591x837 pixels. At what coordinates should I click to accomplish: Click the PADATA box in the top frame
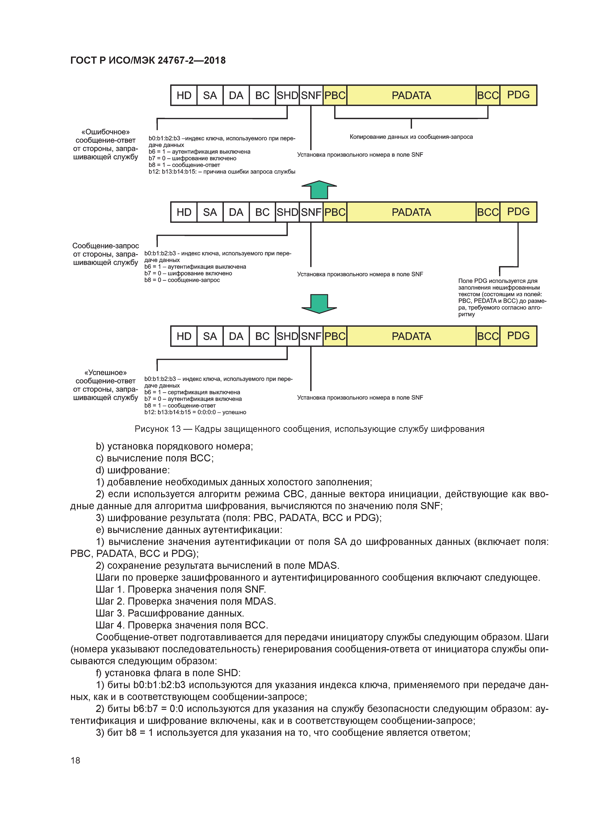[411, 95]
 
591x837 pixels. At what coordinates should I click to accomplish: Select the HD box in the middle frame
[184, 212]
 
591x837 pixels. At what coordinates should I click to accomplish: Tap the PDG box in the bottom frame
[518, 336]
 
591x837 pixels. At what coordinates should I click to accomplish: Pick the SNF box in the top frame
[311, 95]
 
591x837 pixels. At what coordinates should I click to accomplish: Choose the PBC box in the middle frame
[335, 212]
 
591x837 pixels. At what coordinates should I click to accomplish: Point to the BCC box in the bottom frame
[488, 336]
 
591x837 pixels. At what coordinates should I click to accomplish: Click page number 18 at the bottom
[75, 760]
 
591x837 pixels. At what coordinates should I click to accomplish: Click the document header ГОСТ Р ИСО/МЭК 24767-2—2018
[148, 61]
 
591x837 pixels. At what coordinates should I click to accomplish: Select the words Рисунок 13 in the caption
[158, 429]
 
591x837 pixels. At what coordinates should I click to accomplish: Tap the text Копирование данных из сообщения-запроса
[411, 137]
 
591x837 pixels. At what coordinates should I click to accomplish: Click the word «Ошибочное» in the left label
[105, 132]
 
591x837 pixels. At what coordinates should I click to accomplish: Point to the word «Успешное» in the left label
[105, 372]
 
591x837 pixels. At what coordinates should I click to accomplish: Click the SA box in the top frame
[210, 95]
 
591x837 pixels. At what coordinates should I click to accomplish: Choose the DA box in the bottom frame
[236, 336]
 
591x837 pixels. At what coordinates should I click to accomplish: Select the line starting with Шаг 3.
[170, 613]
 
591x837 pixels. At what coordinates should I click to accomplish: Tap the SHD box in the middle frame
[287, 212]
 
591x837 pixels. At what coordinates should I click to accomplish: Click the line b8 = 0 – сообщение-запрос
[182, 280]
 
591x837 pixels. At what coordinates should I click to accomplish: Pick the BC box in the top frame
[262, 95]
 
